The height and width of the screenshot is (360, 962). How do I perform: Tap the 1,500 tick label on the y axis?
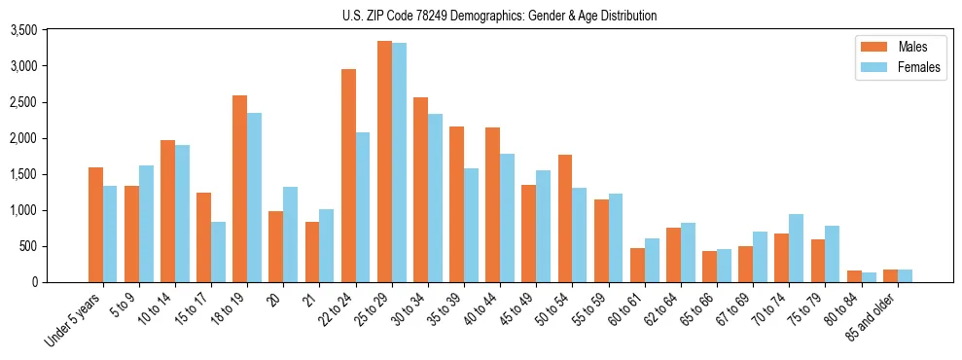[x=23, y=175]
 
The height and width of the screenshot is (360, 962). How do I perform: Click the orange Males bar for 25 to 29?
[x=385, y=162]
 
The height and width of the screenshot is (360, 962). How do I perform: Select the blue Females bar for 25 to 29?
[x=400, y=162]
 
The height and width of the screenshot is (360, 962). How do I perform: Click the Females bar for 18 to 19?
[x=255, y=198]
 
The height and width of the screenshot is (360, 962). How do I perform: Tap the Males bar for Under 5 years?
[x=95, y=225]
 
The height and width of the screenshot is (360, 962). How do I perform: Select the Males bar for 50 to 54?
[x=565, y=218]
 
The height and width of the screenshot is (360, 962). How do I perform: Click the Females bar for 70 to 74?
[x=797, y=248]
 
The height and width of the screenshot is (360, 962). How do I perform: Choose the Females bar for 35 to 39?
[x=472, y=225]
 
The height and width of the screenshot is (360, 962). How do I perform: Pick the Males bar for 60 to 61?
[x=638, y=265]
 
